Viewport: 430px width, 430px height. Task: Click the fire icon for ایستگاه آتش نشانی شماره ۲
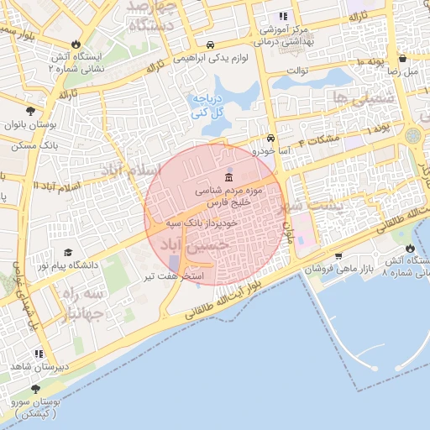click(x=76, y=45)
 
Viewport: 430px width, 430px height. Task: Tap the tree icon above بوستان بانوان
click(x=31, y=111)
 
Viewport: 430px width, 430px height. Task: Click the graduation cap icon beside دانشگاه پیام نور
click(x=68, y=252)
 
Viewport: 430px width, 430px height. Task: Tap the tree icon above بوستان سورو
click(x=35, y=389)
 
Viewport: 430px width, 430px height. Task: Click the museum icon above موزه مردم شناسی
click(x=230, y=178)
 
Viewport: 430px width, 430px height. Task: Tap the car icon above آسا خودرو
click(x=270, y=139)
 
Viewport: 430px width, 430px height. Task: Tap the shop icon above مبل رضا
click(x=403, y=59)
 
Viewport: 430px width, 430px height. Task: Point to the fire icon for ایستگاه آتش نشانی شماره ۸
click(x=409, y=249)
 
